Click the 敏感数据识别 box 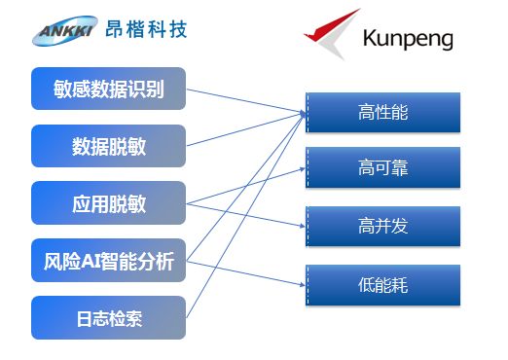coord(108,89)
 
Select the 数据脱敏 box coord(108,146)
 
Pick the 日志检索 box coord(108,317)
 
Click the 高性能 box coord(382,113)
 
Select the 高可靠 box coord(382,168)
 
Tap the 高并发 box coord(382,226)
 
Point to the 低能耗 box coord(382,283)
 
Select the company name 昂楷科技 coord(146,29)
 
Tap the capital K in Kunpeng coord(368,39)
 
